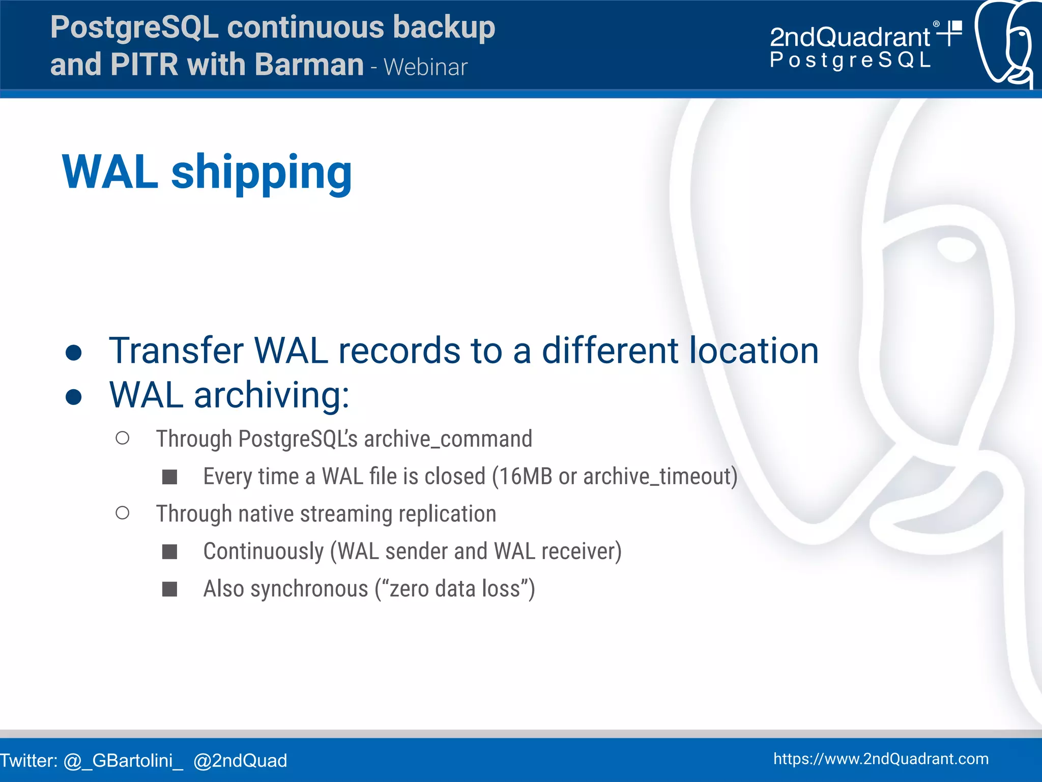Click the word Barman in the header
pyautogui.click(x=309, y=65)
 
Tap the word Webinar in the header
pyautogui.click(x=425, y=67)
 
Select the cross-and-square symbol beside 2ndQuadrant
pyautogui.click(x=950, y=33)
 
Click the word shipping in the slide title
pyautogui.click(x=262, y=173)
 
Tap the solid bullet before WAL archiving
pyautogui.click(x=74, y=397)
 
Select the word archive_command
pyautogui.click(x=448, y=439)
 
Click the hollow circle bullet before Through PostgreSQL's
pyautogui.click(x=123, y=438)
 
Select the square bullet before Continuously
pyautogui.click(x=169, y=552)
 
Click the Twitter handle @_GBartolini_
pyautogui.click(x=123, y=761)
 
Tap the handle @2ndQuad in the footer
pyautogui.click(x=240, y=761)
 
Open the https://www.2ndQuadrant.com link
pyautogui.click(x=881, y=759)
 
